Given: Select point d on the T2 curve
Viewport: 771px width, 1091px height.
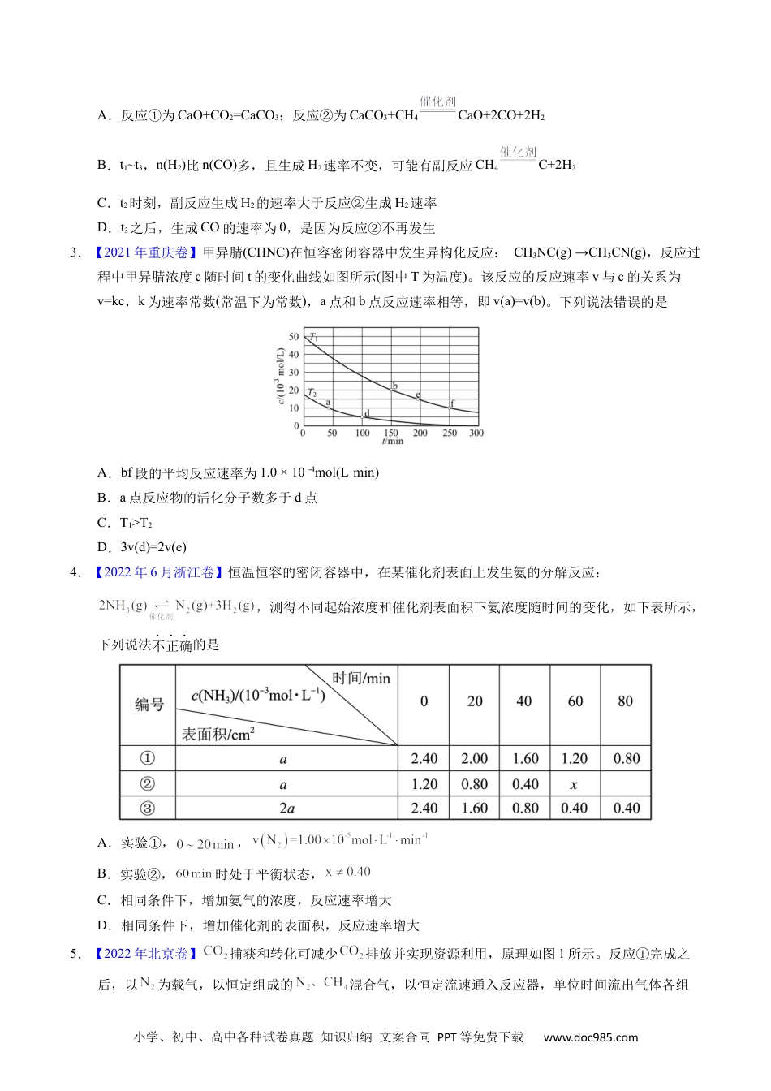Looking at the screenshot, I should click(x=363, y=416).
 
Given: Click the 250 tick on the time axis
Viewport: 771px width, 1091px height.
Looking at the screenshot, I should click(x=450, y=433).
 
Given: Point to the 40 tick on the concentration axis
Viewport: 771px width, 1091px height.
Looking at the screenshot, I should click(x=294, y=355).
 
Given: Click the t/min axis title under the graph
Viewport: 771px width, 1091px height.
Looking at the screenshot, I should click(x=392, y=442).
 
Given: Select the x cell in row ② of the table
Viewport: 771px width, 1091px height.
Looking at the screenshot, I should click(x=574, y=784).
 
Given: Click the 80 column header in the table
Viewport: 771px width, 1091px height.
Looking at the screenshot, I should click(x=625, y=701).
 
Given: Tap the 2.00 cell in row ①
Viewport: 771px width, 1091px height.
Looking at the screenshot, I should click(x=475, y=759).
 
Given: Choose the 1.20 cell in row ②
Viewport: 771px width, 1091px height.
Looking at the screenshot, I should click(x=424, y=784).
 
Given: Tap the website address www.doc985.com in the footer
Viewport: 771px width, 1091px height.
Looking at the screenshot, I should click(x=590, y=1037).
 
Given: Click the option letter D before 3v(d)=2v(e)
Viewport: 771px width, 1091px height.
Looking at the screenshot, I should click(x=102, y=547).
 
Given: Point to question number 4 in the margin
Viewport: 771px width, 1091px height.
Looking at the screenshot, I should click(x=75, y=572).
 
